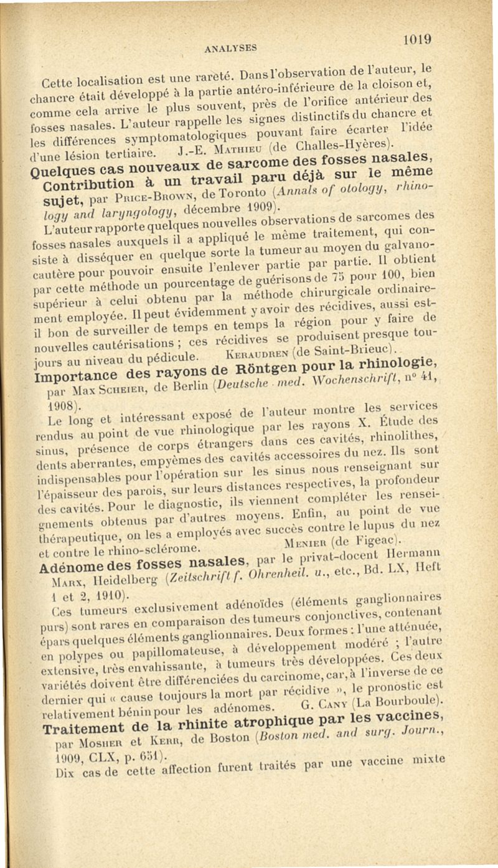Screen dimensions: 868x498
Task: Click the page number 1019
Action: [415, 39]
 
